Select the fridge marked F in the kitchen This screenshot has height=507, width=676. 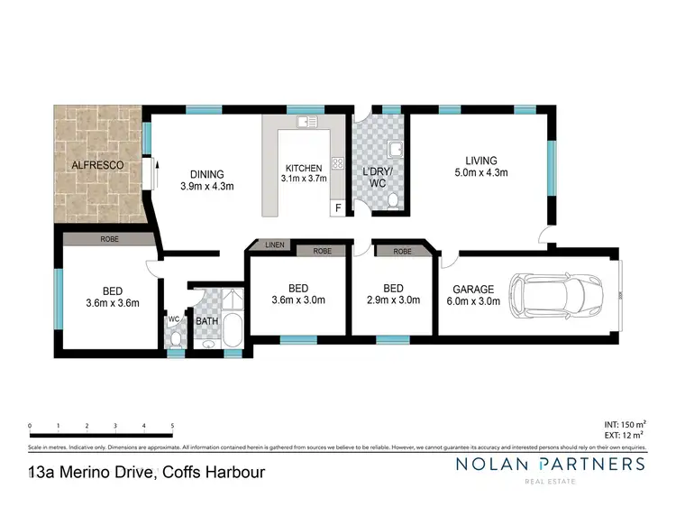[x=338, y=207]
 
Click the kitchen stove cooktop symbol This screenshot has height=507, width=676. [x=339, y=163]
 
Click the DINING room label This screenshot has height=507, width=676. [x=206, y=175]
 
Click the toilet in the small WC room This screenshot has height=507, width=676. [x=176, y=337]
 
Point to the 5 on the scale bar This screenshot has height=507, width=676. [x=171, y=426]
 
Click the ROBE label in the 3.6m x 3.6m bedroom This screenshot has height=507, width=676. [x=110, y=240]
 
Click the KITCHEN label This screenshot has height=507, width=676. [x=303, y=169]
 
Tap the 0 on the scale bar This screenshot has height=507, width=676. [x=31, y=426]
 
